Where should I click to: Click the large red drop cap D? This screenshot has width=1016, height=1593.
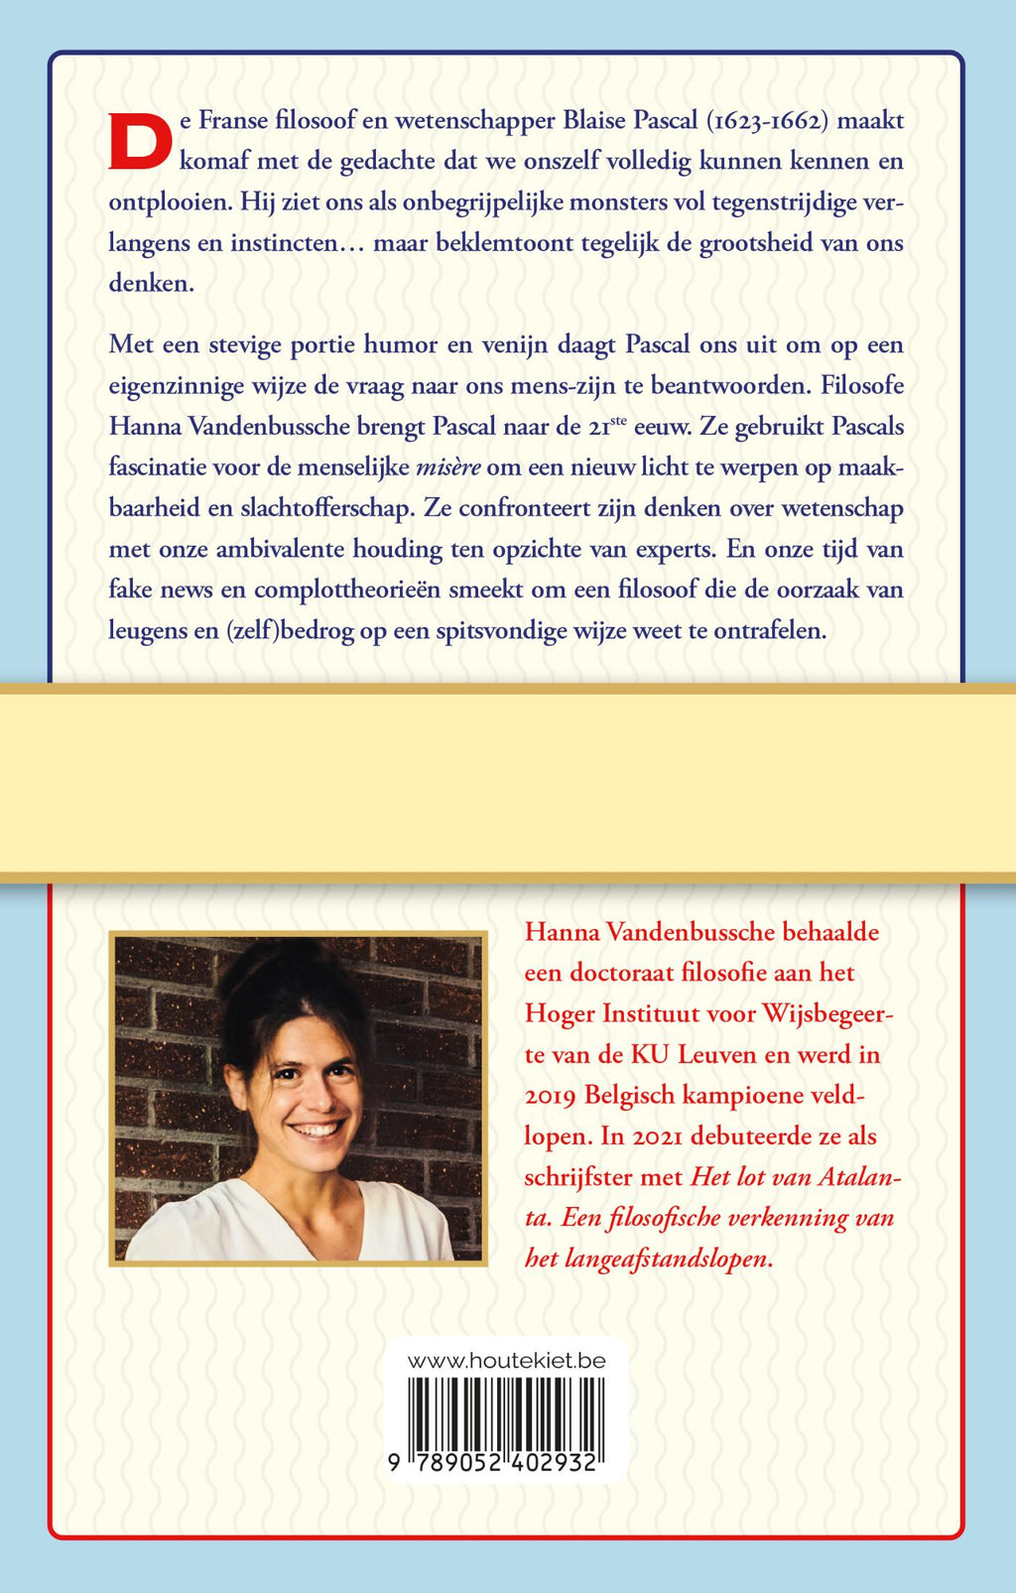click(x=140, y=142)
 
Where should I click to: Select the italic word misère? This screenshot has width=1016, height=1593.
click(x=447, y=467)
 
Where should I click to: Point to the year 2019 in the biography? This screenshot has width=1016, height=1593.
click(x=551, y=1095)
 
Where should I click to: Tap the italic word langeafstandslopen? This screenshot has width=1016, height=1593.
click(x=667, y=1259)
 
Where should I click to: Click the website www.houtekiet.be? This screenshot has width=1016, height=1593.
click(x=506, y=1361)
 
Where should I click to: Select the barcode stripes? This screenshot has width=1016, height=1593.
click(x=506, y=1412)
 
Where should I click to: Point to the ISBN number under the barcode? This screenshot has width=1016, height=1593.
click(x=493, y=1462)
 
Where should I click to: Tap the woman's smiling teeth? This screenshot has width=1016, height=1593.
click(x=317, y=1128)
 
